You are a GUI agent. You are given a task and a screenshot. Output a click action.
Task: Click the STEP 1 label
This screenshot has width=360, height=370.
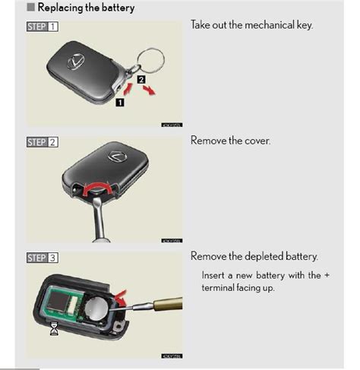(43, 26)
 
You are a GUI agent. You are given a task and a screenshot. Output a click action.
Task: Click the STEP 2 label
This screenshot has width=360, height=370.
(43, 142)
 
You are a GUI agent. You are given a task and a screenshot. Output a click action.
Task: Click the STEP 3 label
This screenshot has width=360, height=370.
(43, 258)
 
